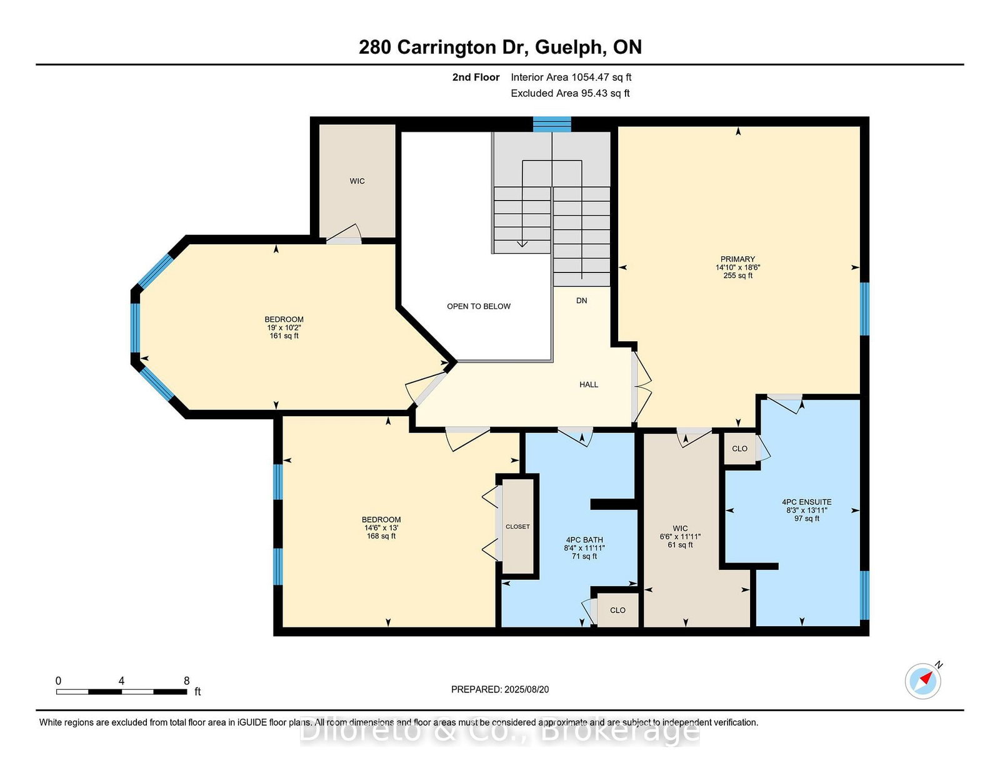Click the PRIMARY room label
(x=737, y=259)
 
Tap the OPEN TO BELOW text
(x=479, y=306)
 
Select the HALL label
(x=589, y=385)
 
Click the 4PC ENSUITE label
(x=806, y=502)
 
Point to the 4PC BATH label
(x=584, y=540)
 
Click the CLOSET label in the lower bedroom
(x=517, y=527)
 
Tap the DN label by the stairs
(x=582, y=301)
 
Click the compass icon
(x=922, y=681)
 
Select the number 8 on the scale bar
(x=186, y=681)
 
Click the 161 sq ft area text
(x=284, y=336)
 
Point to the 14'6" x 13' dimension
(x=381, y=527)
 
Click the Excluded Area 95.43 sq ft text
(x=570, y=93)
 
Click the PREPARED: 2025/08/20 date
(x=500, y=689)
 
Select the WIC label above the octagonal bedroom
(x=357, y=181)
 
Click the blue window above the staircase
(x=552, y=124)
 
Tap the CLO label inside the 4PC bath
(x=617, y=611)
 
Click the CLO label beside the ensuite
(x=739, y=449)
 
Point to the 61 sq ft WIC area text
(x=680, y=545)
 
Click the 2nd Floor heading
(x=476, y=77)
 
